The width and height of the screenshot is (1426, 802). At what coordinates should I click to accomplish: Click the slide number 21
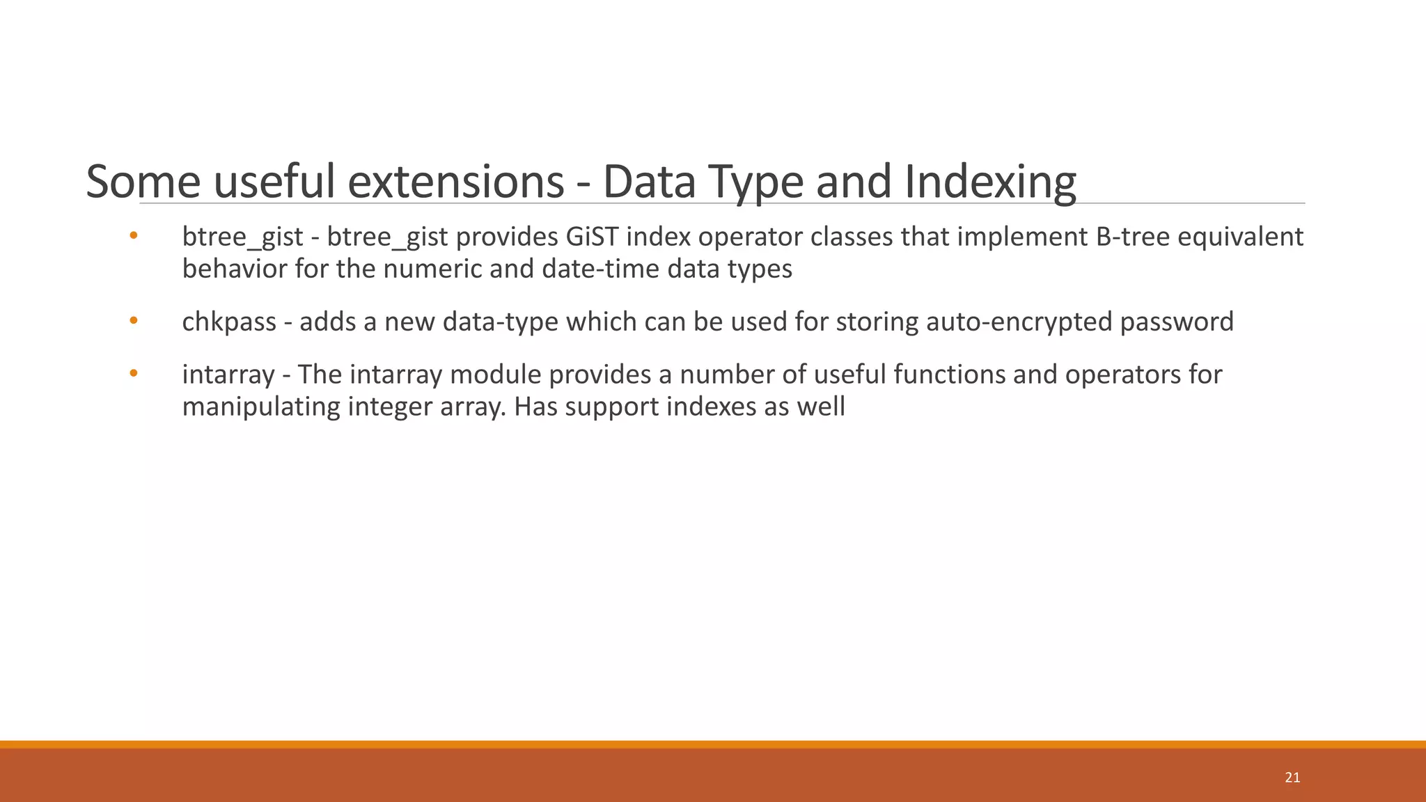point(1292,778)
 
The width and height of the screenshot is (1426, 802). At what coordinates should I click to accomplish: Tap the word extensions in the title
point(455,182)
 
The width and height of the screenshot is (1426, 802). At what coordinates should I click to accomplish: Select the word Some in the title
point(143,182)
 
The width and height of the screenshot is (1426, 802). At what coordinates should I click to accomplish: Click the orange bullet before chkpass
point(134,321)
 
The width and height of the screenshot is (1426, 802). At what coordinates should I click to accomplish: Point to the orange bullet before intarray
point(134,374)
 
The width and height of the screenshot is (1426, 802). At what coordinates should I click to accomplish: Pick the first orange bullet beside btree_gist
point(134,236)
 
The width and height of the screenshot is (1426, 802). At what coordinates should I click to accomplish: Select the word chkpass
point(229,322)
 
